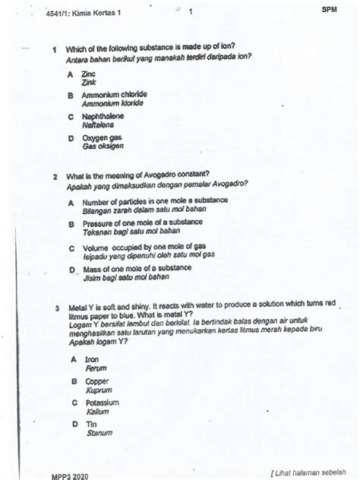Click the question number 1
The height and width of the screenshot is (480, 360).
pyautogui.click(x=54, y=49)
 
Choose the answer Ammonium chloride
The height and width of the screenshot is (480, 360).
pyautogui.click(x=114, y=95)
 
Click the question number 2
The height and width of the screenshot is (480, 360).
pyautogui.click(x=55, y=175)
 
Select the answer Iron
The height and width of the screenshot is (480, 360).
pyautogui.click(x=91, y=359)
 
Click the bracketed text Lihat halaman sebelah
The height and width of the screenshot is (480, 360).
pyautogui.click(x=313, y=472)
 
